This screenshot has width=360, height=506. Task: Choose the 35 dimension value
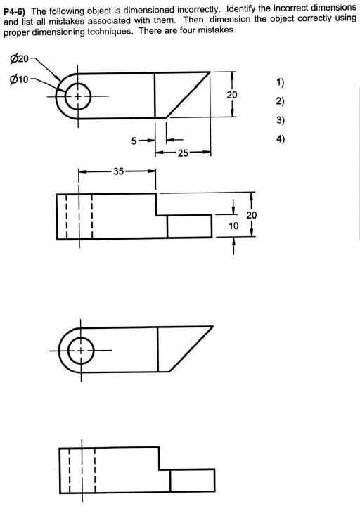coord(117,171)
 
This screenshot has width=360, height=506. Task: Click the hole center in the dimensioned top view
coord(78,96)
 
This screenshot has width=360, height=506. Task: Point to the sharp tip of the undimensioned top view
coord(214,325)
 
